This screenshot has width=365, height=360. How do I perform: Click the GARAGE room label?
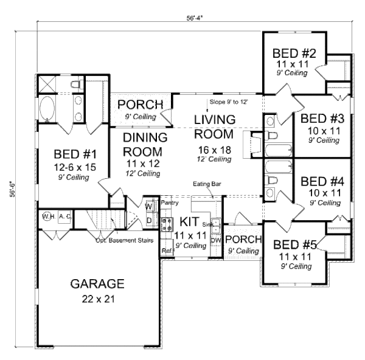(97, 283)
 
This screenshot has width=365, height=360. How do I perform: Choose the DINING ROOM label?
(143, 144)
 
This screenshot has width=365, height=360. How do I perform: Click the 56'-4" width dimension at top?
(195, 18)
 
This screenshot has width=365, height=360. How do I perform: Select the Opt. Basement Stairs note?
(124, 239)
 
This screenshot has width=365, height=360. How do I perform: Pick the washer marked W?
(149, 206)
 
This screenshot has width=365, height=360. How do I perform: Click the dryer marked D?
(149, 219)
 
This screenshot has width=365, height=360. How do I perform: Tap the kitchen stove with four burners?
(167, 221)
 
